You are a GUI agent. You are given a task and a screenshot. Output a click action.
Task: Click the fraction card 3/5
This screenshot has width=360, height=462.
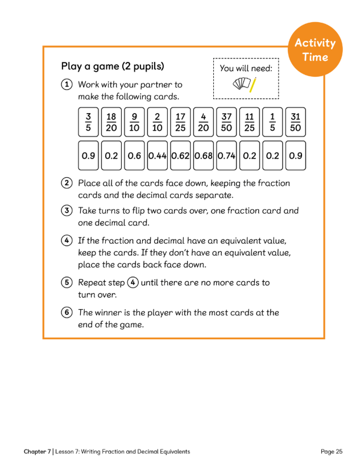click(x=88, y=122)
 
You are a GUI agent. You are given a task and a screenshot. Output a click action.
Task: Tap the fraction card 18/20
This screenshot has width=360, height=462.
click(x=111, y=122)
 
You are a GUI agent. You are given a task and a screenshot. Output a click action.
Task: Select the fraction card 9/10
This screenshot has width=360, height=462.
click(x=134, y=122)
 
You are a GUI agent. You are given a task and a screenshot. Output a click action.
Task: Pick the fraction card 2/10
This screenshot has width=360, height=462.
click(x=157, y=122)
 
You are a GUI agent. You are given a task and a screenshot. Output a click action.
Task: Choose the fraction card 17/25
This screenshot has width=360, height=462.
click(x=180, y=122)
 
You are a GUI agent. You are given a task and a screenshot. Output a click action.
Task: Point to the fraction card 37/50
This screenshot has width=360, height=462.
click(x=226, y=122)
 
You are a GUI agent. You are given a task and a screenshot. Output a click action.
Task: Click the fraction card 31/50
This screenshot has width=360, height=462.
click(x=295, y=122)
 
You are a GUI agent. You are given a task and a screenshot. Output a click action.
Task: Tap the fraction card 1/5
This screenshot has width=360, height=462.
click(x=272, y=122)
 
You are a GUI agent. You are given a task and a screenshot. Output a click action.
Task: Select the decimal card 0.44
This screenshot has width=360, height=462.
click(x=157, y=156)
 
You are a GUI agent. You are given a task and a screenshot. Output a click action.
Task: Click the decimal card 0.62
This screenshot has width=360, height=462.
click(x=180, y=156)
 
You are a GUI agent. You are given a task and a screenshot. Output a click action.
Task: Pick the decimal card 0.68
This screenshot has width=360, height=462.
click(x=204, y=156)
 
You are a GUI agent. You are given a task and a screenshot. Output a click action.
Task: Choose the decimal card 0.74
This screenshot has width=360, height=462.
click(x=226, y=156)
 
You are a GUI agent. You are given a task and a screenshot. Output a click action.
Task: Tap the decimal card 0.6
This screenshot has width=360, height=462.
click(x=134, y=156)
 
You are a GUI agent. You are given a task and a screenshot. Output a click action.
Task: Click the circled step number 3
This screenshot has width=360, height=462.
click(x=67, y=211)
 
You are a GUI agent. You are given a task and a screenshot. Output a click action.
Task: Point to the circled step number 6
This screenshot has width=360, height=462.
click(x=67, y=313)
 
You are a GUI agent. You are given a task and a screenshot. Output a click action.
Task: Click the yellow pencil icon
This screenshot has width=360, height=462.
click(x=253, y=85)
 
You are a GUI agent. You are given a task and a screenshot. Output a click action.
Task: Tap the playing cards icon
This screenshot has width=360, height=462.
click(x=241, y=85)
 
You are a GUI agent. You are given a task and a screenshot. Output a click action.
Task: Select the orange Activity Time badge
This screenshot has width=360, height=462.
click(x=315, y=50)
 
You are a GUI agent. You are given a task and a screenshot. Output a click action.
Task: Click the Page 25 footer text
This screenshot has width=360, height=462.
click(x=332, y=452)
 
